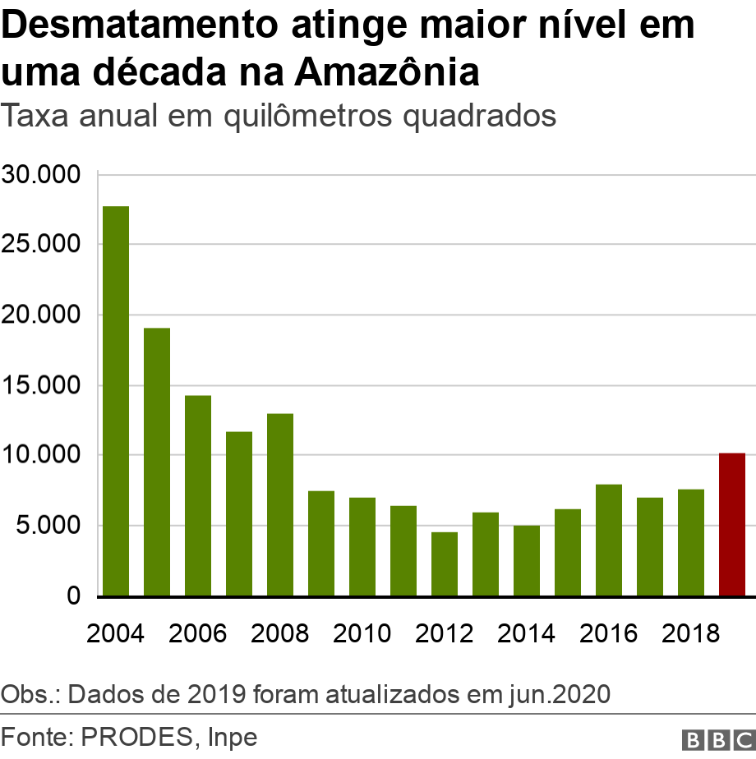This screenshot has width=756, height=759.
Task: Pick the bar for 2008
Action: coord(280,504)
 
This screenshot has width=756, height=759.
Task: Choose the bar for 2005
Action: coord(157,462)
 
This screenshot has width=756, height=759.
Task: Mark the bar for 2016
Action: coord(609,540)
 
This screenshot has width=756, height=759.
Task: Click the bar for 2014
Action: coord(527,560)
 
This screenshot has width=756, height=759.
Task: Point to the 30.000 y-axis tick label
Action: coord(41,175)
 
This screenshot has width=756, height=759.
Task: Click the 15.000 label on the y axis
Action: coord(41,385)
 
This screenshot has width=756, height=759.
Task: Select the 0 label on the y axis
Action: coord(74,596)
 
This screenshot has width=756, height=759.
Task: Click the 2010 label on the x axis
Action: coord(362,633)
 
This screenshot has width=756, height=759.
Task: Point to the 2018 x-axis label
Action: coord(691,633)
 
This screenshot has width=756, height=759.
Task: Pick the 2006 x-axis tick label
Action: coord(198,633)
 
